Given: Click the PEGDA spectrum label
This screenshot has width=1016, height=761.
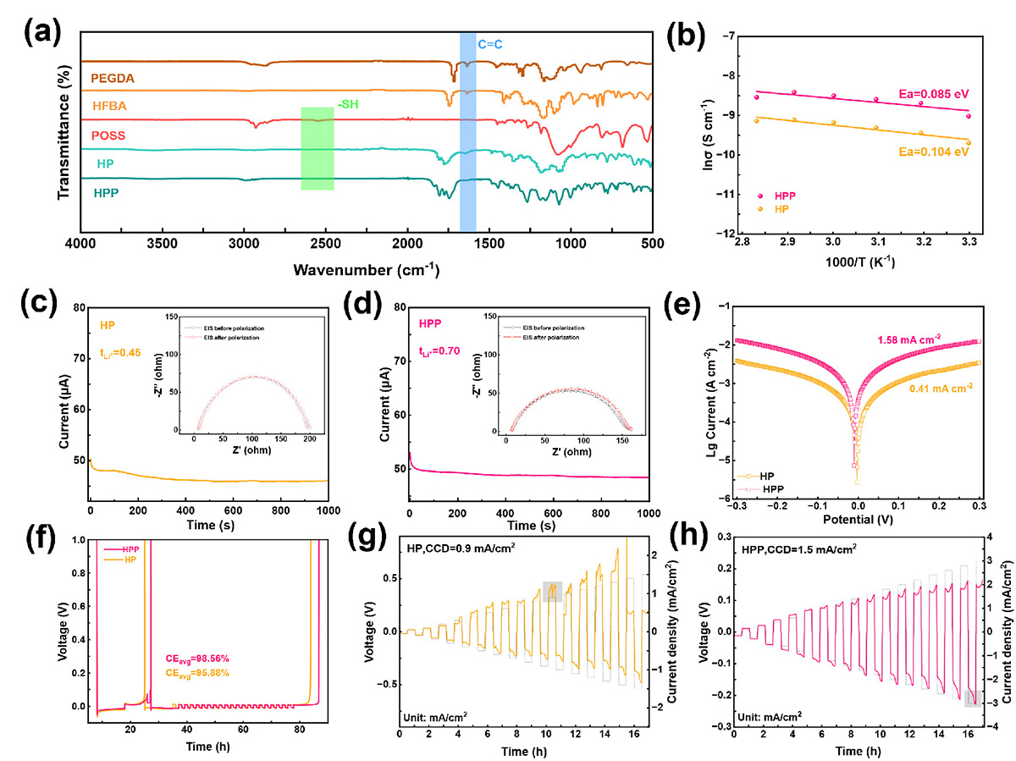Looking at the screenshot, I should [x=113, y=78].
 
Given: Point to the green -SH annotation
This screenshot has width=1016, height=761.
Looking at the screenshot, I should [x=348, y=104].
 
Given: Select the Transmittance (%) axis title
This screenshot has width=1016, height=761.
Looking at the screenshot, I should [x=63, y=135].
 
